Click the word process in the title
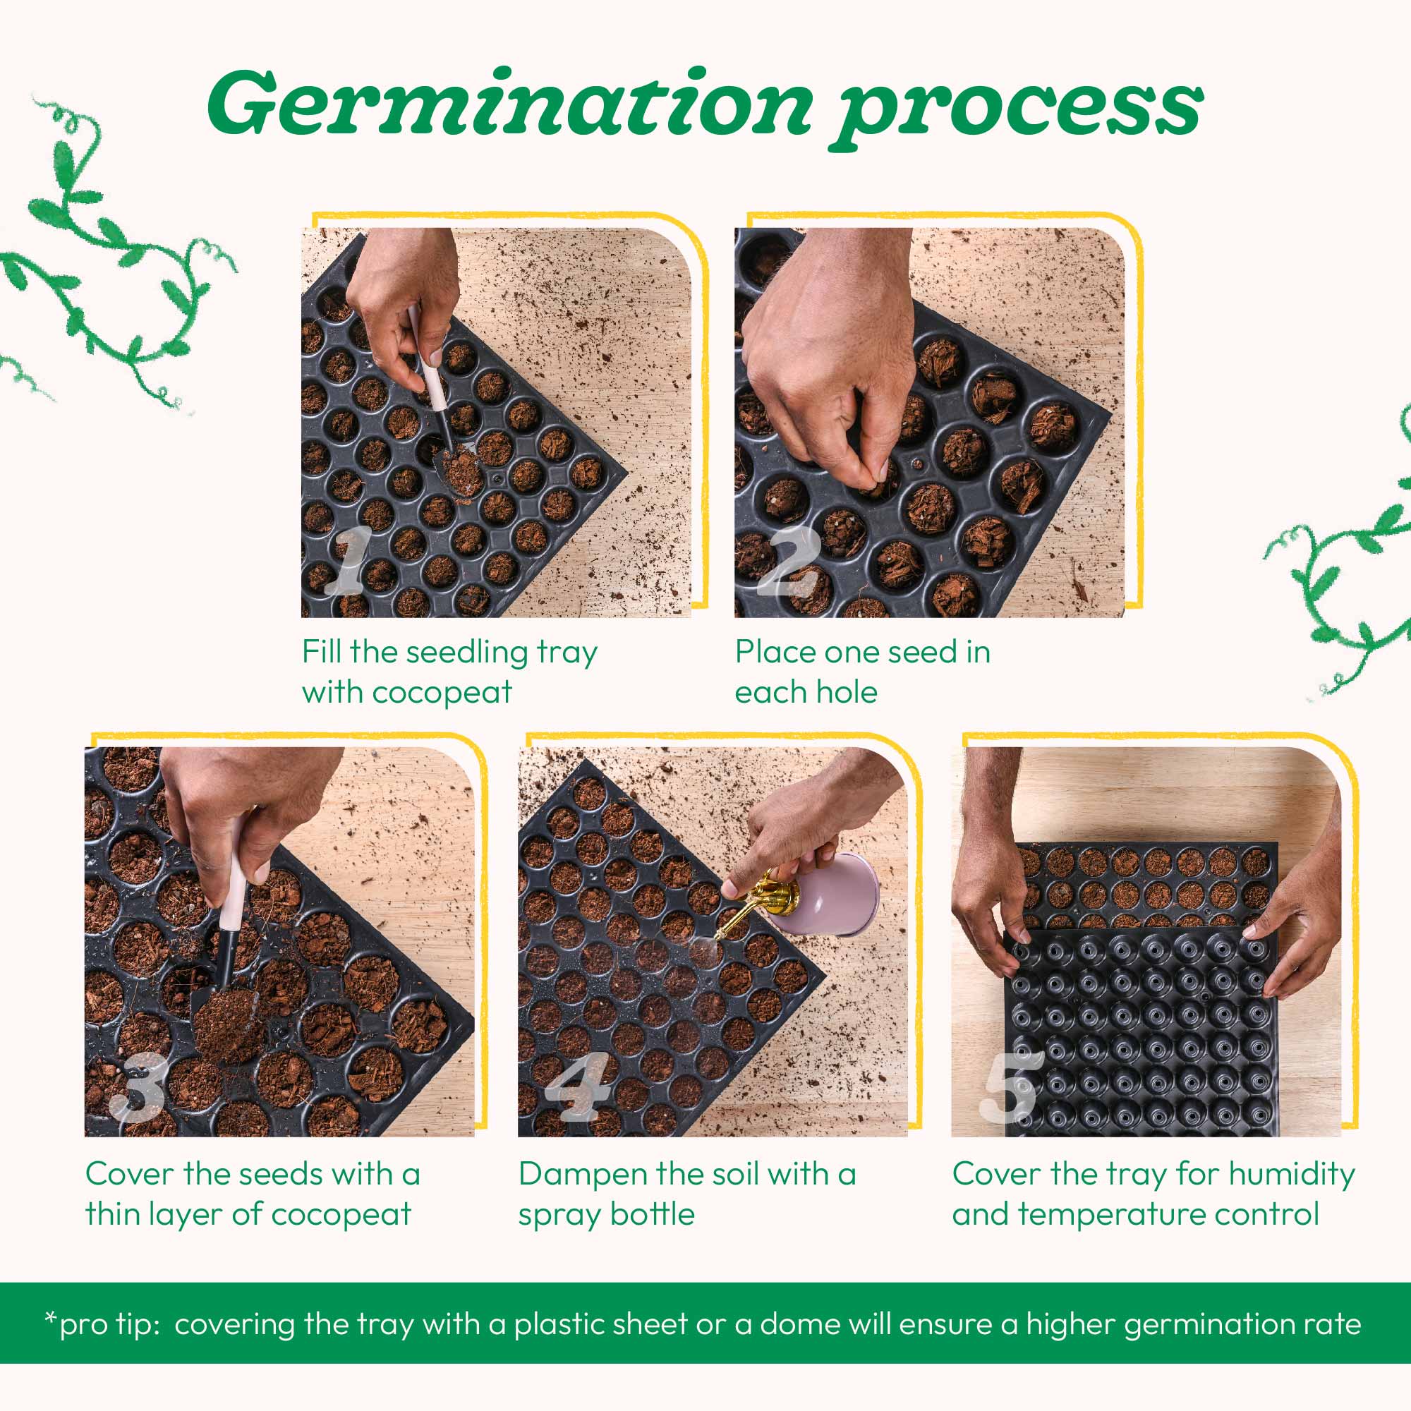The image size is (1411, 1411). pyautogui.click(x=1018, y=109)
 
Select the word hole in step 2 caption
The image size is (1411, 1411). pyautogui.click(x=849, y=691)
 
